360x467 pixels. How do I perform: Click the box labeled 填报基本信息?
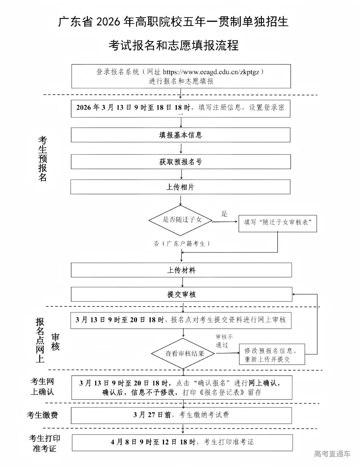180,135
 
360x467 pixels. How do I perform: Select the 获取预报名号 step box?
180,162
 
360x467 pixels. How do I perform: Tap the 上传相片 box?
180,187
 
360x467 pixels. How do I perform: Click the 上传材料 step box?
181,270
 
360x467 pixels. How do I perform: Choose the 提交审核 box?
181,294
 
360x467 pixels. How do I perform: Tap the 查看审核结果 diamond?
185,354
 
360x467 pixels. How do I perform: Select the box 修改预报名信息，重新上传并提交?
272,355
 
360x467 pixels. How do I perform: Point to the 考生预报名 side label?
43,158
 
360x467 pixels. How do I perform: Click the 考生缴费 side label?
42,415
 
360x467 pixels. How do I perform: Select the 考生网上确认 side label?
42,386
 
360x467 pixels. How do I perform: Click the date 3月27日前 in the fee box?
152,415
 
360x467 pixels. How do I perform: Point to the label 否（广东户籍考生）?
182,244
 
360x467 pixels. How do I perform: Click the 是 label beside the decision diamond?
224,214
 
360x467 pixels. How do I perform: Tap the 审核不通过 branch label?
224,341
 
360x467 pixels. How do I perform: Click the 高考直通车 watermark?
332,454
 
